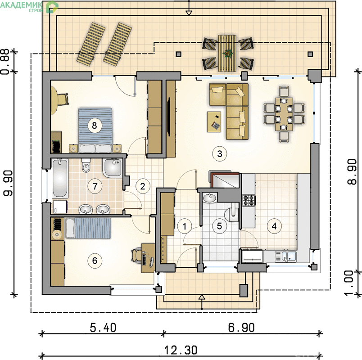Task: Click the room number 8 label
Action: tap(94, 126)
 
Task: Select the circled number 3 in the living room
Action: tap(220, 153)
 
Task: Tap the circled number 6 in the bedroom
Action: tap(95, 261)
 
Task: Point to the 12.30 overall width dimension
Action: tap(181, 350)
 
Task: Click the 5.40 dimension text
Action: tap(103, 328)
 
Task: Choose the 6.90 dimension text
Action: tap(241, 328)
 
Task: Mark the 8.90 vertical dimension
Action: tap(352, 171)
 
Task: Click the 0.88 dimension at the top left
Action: tap(5, 62)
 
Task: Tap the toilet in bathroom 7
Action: tap(86, 165)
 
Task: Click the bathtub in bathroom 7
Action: tap(60, 178)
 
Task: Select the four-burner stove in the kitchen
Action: tap(249, 200)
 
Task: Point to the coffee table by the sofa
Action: tap(214, 122)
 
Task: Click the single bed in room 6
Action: tap(88, 228)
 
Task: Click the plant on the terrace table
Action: tap(228, 53)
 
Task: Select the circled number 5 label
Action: tap(219, 226)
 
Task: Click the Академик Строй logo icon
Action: tap(52, 7)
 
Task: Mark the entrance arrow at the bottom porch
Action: tap(202, 297)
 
